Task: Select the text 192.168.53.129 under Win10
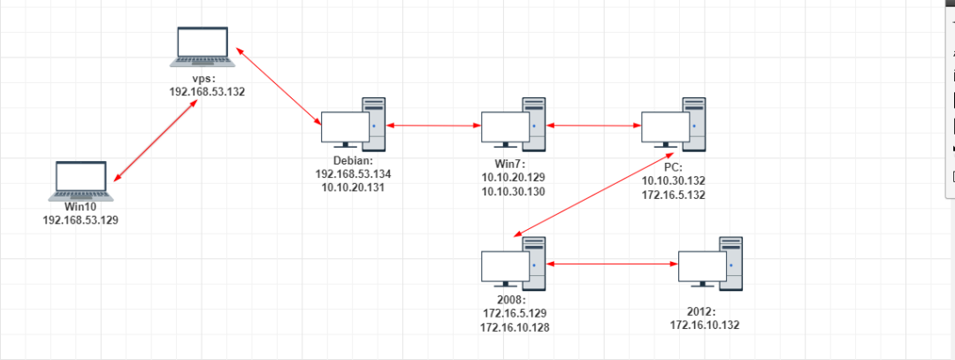(x=80, y=219)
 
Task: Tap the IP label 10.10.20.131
(x=352, y=188)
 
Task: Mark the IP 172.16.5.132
(x=674, y=194)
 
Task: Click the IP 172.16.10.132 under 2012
(x=705, y=326)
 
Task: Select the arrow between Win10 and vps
(x=155, y=142)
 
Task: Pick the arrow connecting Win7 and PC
(x=593, y=126)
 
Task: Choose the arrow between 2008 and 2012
(x=611, y=264)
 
